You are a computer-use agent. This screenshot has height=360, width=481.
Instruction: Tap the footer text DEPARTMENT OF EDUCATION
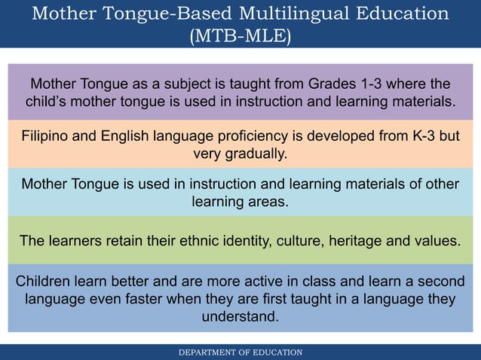(x=240, y=352)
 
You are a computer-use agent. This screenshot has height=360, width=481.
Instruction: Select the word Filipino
(x=46, y=137)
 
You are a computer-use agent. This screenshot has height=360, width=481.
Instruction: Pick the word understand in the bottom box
(x=240, y=316)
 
